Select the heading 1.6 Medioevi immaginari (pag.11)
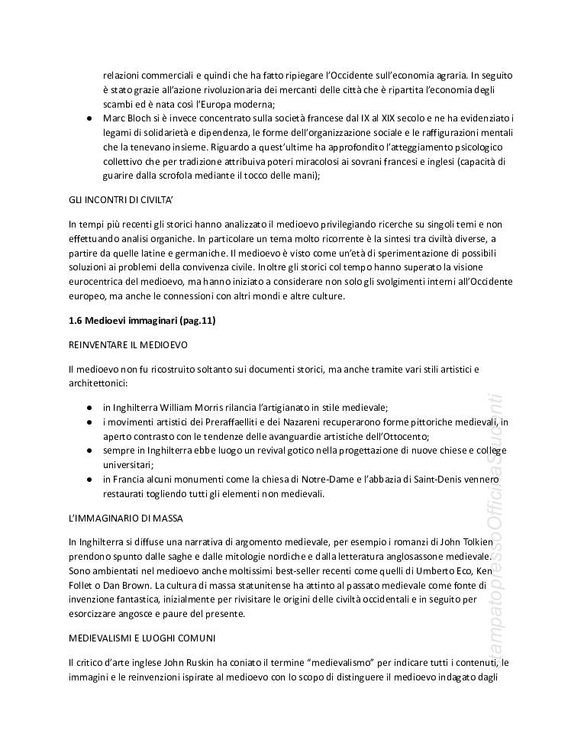(142, 321)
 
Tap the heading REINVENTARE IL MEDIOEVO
(127, 345)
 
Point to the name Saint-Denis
(441, 479)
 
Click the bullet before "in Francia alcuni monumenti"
(89, 479)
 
